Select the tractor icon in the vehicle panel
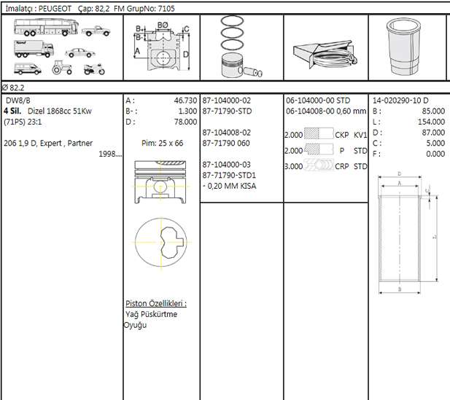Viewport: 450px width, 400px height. [62, 69]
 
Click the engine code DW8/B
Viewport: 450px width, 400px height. [18, 101]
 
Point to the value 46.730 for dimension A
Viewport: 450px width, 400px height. [185, 101]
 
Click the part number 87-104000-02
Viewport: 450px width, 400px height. [227, 101]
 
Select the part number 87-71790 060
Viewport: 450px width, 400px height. [226, 144]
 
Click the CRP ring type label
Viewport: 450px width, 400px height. [341, 166]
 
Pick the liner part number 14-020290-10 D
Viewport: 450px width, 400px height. [400, 101]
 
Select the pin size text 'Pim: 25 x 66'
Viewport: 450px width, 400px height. [162, 144]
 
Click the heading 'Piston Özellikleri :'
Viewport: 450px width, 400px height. [155, 303]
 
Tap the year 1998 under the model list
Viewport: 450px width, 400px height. [109, 154]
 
